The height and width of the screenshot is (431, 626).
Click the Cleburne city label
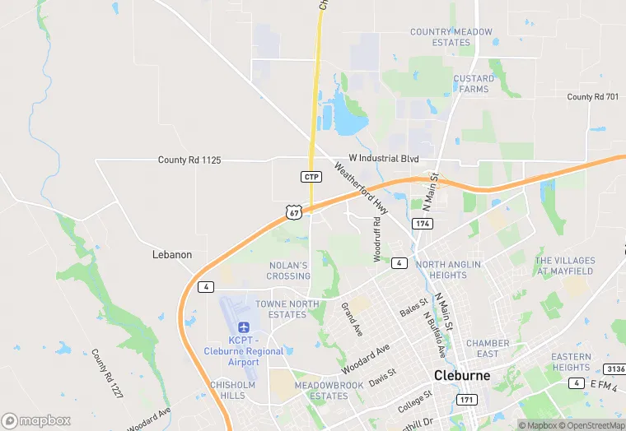click(x=462, y=375)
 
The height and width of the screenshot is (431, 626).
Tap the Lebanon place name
click(x=172, y=255)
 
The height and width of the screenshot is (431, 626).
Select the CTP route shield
click(x=311, y=177)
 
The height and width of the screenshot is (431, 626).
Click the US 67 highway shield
click(x=294, y=212)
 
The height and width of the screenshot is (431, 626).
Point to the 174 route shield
click(x=423, y=224)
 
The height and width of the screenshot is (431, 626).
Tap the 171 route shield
click(x=466, y=400)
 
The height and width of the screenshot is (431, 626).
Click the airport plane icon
click(x=244, y=327)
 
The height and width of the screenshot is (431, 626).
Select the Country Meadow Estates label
click(x=451, y=37)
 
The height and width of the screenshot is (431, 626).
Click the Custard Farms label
click(x=474, y=84)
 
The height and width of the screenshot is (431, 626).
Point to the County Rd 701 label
click(x=592, y=97)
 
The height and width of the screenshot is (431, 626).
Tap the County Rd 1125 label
click(x=189, y=160)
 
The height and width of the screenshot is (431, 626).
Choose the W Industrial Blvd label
click(x=385, y=158)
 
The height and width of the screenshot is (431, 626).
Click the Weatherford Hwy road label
click(x=360, y=188)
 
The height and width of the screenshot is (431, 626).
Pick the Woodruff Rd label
click(x=377, y=239)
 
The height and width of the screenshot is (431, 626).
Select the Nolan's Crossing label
click(x=288, y=271)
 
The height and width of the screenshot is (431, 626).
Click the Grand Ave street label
click(x=352, y=319)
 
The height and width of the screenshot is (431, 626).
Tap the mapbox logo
click(x=36, y=420)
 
